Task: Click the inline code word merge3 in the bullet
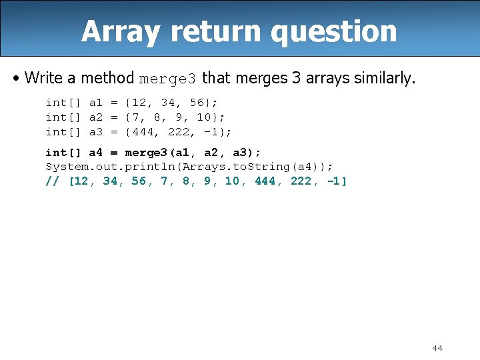pyautogui.click(x=167, y=79)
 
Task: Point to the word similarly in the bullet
pyautogui.click(x=379, y=78)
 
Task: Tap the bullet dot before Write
pyautogui.click(x=15, y=78)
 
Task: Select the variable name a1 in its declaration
pyautogui.click(x=96, y=103)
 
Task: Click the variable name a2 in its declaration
pyautogui.click(x=96, y=117)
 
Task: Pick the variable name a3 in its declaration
pyautogui.click(x=96, y=132)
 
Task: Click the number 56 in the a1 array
pyautogui.click(x=197, y=103)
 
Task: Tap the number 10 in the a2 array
pyautogui.click(x=205, y=117)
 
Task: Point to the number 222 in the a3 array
pyautogui.click(x=179, y=132)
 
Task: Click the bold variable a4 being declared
pyautogui.click(x=96, y=153)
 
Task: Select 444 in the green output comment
pyautogui.click(x=266, y=181)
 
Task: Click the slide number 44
pyautogui.click(x=437, y=348)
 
